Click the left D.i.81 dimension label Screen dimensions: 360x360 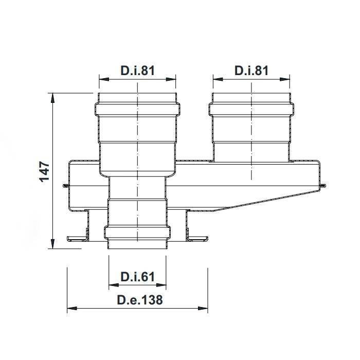(x=138, y=70)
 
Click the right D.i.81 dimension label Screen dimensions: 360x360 (x=251, y=70)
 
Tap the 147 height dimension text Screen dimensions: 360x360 (x=45, y=172)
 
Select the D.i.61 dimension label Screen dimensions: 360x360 (x=137, y=277)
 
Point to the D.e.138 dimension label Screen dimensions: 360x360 (x=140, y=300)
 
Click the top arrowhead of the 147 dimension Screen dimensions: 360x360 (x=53, y=98)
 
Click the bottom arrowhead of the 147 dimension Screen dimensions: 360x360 (x=53, y=243)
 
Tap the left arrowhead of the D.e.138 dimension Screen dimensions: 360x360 (x=72, y=309)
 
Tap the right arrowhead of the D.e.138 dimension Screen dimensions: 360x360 (x=203, y=309)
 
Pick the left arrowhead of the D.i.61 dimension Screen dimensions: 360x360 (x=114, y=285)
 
